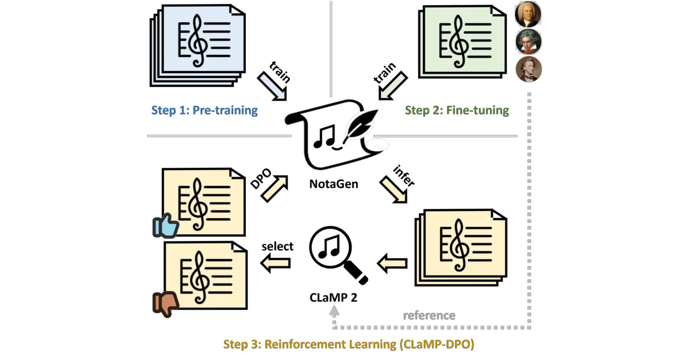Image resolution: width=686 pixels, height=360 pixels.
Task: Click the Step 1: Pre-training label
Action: pos(204,110)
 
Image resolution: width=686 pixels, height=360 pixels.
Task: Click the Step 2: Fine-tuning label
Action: pos(457,110)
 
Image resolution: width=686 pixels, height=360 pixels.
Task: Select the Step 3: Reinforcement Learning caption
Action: pos(349,345)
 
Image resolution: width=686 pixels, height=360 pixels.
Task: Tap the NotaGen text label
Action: pos(333,184)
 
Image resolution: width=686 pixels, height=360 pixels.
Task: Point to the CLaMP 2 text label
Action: pos(333,298)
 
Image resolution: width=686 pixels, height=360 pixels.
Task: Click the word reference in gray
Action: pos(429,315)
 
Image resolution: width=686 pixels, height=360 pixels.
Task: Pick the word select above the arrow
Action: pos(277,246)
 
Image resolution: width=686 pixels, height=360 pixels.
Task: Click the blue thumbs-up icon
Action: pos(165,226)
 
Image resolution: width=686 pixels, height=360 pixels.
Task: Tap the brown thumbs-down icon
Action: pos(165,304)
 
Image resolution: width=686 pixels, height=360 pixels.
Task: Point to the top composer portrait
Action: pos(528,14)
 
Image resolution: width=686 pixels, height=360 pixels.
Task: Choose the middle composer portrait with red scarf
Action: pos(528,41)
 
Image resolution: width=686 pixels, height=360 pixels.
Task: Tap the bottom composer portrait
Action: pos(529,69)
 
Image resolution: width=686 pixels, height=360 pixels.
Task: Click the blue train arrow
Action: pos(272,86)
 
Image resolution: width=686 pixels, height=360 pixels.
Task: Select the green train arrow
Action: pos(393,86)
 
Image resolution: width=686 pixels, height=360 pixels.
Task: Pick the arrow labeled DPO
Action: pos(275,189)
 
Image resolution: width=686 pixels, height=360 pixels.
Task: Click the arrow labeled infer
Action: pos(393,190)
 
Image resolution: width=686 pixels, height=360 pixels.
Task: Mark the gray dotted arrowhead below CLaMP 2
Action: pos(334,311)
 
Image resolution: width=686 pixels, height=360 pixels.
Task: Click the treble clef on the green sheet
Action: pos(458,42)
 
